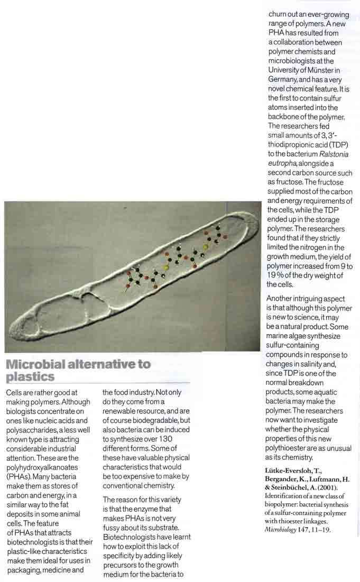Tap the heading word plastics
[x=30, y=377]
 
